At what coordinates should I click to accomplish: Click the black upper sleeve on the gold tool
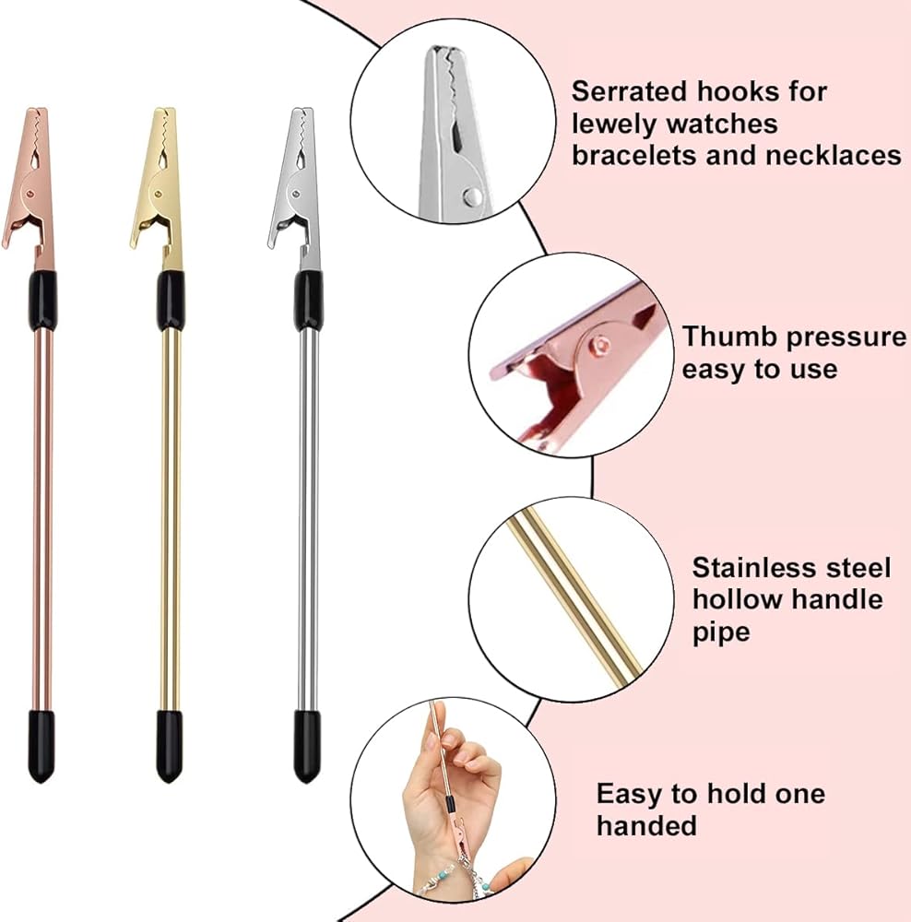pos(170,300)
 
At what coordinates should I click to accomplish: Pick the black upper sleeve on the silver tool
pos(308,300)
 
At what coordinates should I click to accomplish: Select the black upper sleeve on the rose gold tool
pos(42,300)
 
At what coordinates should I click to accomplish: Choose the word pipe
pos(720,632)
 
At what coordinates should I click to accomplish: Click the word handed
pos(645,825)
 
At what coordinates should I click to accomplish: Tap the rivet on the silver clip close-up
pos(473,195)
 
